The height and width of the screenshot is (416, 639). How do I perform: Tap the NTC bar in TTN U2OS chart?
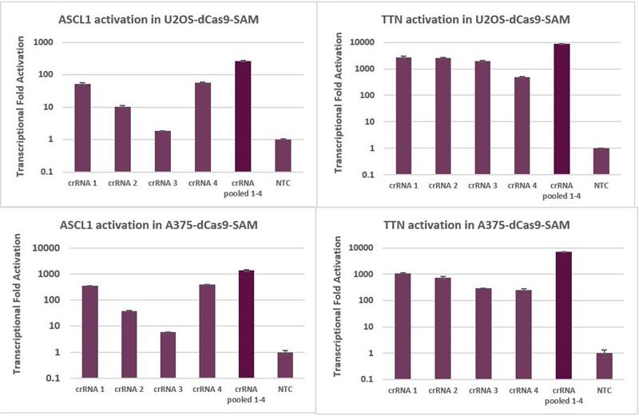[602, 161]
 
